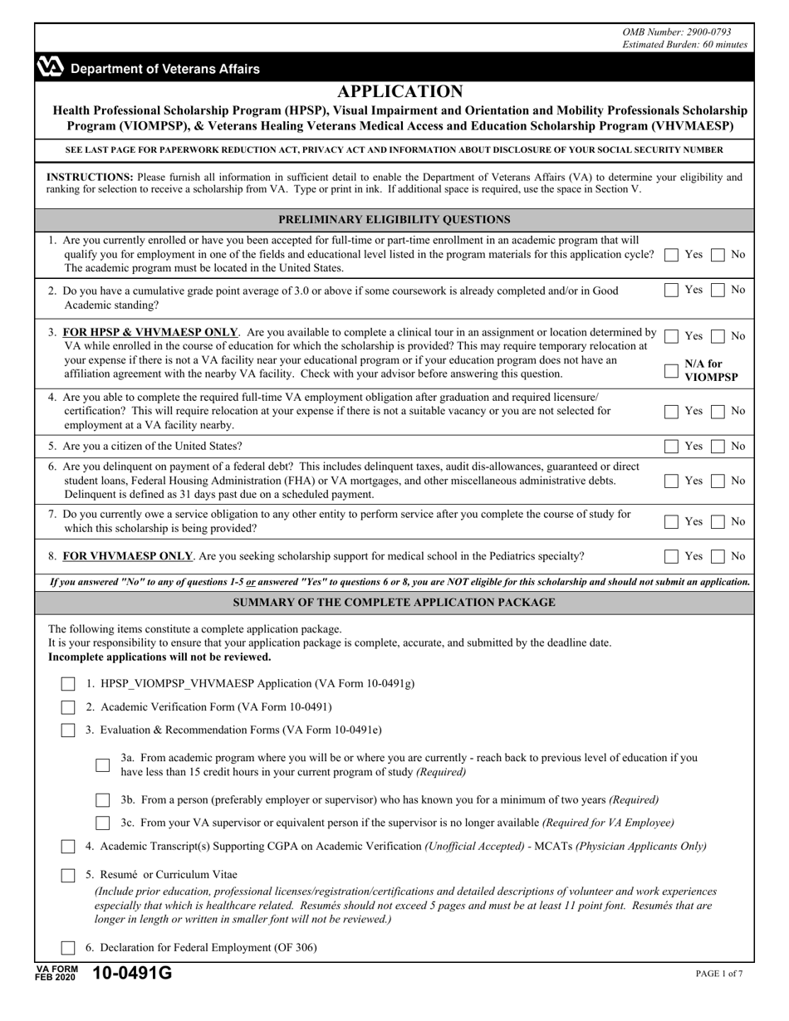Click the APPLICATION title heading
[400, 91]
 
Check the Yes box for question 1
[672, 255]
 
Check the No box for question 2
[718, 291]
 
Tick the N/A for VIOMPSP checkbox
[672, 371]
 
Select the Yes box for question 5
[672, 447]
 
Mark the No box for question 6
[718, 481]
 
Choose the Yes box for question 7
[672, 522]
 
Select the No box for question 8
[718, 557]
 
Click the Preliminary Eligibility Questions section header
[394, 220]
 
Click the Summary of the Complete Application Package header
[394, 603]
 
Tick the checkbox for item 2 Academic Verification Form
[68, 707]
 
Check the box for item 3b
[103, 800]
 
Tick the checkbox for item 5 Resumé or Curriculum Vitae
[68, 875]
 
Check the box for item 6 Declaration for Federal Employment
[68, 948]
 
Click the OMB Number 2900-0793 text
[684, 32]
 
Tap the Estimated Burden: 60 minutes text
[684, 45]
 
